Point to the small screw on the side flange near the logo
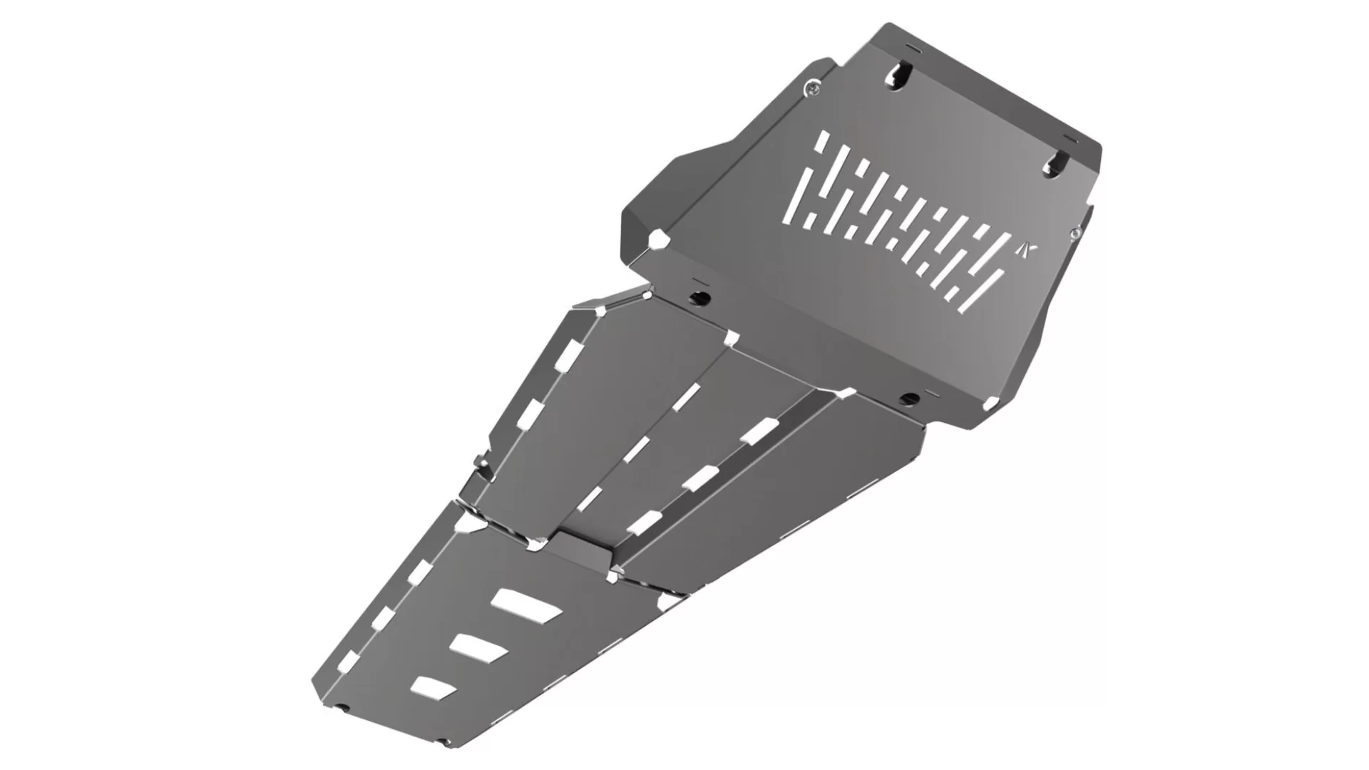1075,232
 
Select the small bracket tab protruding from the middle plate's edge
483,467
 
